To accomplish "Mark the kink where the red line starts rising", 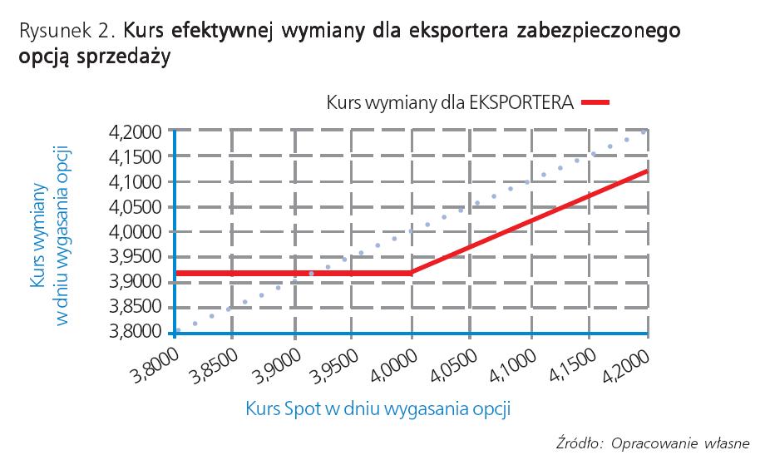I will (412, 273).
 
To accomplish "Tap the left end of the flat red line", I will (176, 273).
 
